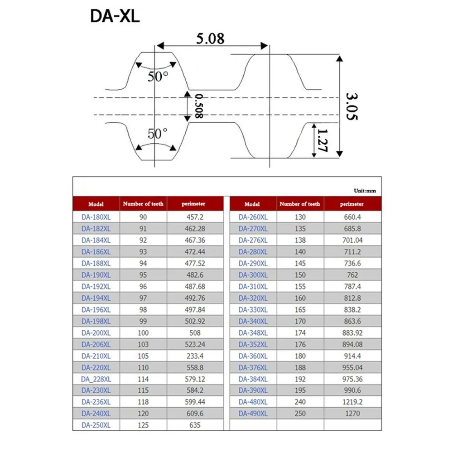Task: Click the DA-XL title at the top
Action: pyautogui.click(x=115, y=16)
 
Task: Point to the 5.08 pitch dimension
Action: pyautogui.click(x=210, y=39)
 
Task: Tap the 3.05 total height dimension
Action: pyautogui.click(x=352, y=106)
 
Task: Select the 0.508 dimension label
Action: pyautogui.click(x=199, y=106)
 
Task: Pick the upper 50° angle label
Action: pyautogui.click(x=158, y=77)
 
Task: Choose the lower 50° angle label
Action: pyautogui.click(x=158, y=134)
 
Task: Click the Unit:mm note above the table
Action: pyautogui.click(x=365, y=191)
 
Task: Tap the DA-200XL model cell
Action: pyautogui.click(x=96, y=333)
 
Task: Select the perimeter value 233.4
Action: pyautogui.click(x=195, y=356)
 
